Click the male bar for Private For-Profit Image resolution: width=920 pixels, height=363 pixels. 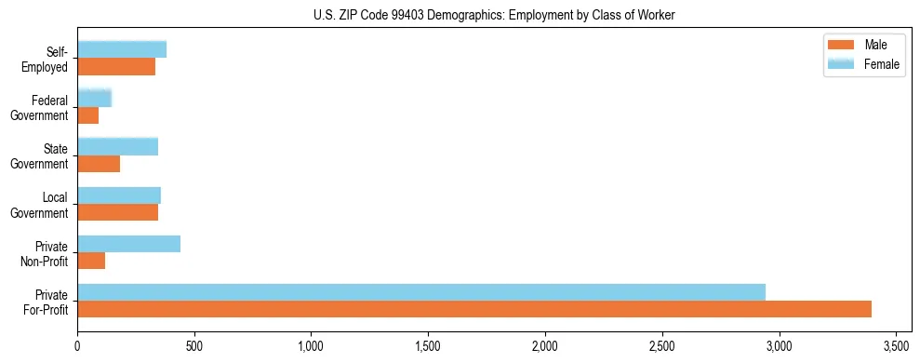click(474, 309)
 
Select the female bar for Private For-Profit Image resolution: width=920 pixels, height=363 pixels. click(421, 292)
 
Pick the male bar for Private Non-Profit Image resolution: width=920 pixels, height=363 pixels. click(91, 261)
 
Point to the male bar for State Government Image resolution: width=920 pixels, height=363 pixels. click(99, 164)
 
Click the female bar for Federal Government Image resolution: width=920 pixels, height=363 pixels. click(94, 98)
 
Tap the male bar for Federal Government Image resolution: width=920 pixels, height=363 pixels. click(87, 115)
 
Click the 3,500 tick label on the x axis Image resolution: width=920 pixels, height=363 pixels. click(896, 346)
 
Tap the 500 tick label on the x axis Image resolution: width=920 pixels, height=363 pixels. click(193, 346)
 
